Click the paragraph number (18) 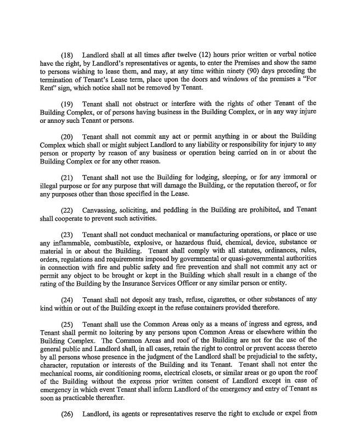[67, 55]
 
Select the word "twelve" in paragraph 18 [183, 55]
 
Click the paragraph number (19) [67, 103]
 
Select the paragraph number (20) [67, 135]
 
